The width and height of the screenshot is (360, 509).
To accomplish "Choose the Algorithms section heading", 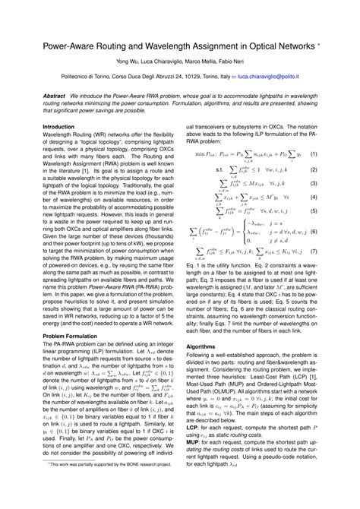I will (201, 346).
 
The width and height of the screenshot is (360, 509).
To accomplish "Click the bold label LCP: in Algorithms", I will (193, 428).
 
